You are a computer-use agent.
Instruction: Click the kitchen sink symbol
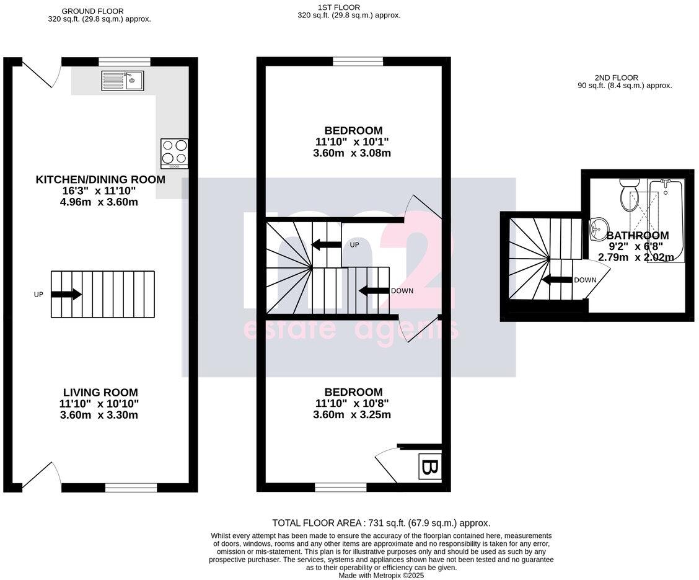click(x=123, y=81)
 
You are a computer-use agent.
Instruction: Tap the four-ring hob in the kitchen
click(x=174, y=153)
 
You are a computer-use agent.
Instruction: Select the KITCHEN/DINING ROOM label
click(x=100, y=180)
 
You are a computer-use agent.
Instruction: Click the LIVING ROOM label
click(x=100, y=392)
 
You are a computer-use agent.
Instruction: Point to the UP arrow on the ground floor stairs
click(x=66, y=294)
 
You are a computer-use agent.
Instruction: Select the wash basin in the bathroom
click(x=599, y=228)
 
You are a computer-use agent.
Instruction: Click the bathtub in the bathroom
click(x=666, y=220)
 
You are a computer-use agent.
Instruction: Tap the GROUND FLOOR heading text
click(x=93, y=11)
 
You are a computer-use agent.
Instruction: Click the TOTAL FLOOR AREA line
click(x=381, y=523)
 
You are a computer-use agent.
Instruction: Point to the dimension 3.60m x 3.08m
click(x=352, y=153)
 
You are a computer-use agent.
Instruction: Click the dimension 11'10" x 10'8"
click(x=352, y=403)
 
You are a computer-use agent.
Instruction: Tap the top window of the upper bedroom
click(x=358, y=61)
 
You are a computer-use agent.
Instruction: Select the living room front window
click(x=131, y=488)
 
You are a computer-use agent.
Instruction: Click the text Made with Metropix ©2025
click(x=381, y=576)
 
